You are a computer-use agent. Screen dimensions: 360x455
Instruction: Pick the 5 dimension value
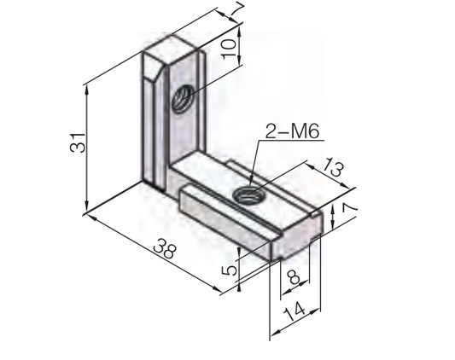[229, 271]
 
